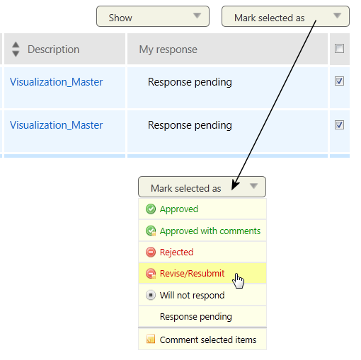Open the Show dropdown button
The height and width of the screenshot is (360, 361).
click(x=153, y=16)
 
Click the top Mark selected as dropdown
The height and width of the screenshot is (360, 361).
click(x=285, y=16)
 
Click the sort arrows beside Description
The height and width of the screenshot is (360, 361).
click(x=16, y=49)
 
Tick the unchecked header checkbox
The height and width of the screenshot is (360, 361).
click(x=339, y=49)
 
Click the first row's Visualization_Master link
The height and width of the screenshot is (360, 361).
click(x=56, y=82)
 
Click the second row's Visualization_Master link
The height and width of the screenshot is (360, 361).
click(x=56, y=125)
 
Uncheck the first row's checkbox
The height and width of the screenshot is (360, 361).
click(x=339, y=81)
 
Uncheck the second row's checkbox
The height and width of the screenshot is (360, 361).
click(x=339, y=124)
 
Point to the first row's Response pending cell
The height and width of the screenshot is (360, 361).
click(x=190, y=82)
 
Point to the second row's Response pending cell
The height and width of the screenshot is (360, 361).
click(x=190, y=125)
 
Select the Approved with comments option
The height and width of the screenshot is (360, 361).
click(x=202, y=231)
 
